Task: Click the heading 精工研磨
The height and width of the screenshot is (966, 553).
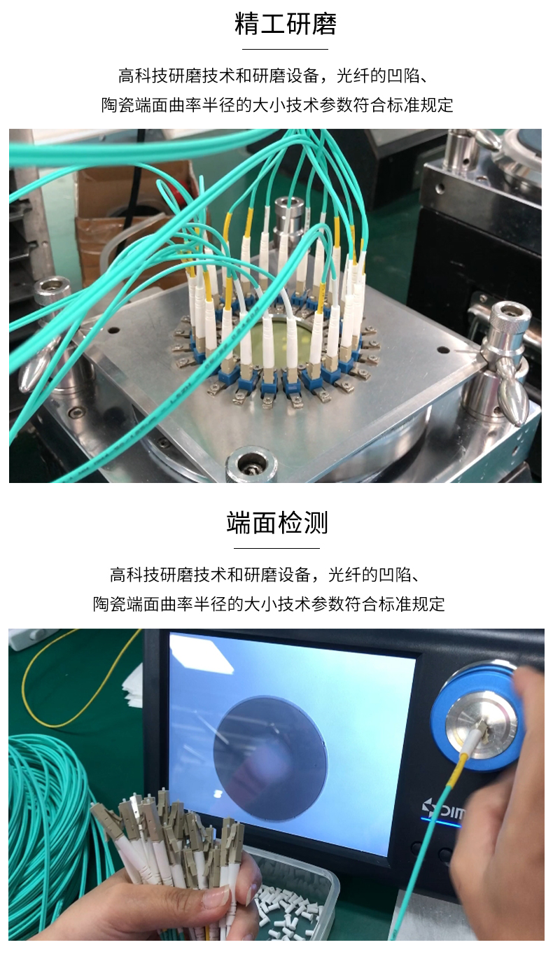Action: (x=285, y=24)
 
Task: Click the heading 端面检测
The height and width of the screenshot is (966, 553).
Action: (x=276, y=523)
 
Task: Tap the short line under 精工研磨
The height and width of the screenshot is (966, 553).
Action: (x=285, y=50)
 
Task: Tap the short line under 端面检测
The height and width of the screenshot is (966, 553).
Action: (x=276, y=548)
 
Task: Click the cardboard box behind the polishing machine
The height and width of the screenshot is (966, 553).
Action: (x=133, y=210)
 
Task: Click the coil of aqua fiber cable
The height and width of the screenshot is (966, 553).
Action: (x=49, y=826)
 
